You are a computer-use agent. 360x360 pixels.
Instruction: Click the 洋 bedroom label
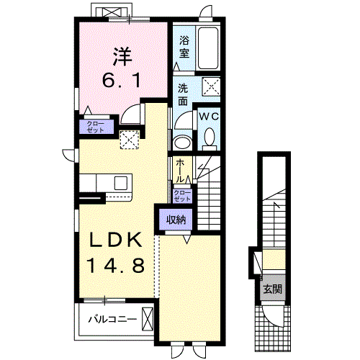(122, 57)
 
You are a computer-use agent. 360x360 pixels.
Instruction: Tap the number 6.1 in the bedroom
(122, 81)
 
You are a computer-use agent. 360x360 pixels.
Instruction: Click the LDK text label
(116, 240)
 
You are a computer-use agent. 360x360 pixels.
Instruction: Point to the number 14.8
(117, 265)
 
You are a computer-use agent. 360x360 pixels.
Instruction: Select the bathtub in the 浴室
(208, 48)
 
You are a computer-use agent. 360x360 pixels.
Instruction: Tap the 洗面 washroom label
(183, 95)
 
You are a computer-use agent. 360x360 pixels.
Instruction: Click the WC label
(210, 117)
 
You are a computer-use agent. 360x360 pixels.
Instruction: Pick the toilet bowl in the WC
(210, 137)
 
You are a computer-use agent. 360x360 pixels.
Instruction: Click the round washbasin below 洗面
(182, 143)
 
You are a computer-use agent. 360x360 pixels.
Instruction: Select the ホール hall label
(180, 171)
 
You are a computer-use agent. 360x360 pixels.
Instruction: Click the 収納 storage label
(176, 220)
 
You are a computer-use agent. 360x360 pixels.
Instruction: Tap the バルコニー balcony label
(112, 320)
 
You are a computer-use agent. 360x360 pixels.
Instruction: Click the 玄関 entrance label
(273, 289)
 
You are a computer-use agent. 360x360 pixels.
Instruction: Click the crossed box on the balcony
(147, 319)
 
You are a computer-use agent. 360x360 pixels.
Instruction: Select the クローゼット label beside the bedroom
(95, 127)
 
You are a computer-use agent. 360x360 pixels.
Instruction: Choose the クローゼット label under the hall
(182, 196)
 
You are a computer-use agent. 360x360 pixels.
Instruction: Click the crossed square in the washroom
(211, 86)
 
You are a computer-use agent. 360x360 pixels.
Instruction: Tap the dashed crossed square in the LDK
(130, 140)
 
